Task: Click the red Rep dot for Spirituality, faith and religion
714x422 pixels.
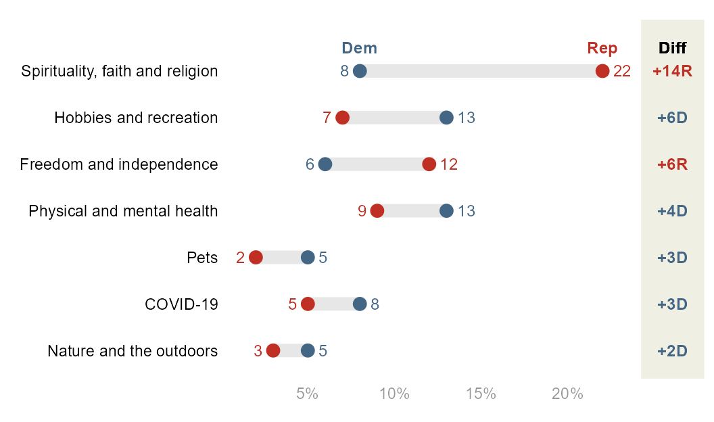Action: point(602,71)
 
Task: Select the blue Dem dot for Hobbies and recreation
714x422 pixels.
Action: point(446,118)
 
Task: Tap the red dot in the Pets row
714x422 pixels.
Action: point(256,258)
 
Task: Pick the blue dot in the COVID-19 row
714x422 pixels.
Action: point(360,304)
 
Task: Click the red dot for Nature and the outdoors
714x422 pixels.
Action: point(273,350)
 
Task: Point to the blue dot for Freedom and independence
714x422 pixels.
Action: point(325,164)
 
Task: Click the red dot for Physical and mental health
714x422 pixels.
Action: point(377,211)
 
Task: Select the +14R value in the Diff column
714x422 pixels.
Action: point(672,71)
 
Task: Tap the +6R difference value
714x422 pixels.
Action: point(672,164)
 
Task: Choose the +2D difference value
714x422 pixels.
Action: point(672,351)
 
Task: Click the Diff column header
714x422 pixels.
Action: point(672,48)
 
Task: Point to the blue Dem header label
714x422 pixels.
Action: point(360,48)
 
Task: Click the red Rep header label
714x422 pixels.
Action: point(602,48)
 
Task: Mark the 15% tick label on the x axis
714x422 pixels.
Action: point(481,394)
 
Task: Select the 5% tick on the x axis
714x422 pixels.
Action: point(308,394)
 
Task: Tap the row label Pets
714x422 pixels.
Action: point(202,258)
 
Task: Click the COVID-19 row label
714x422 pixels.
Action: point(181,304)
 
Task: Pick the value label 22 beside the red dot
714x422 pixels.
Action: point(622,71)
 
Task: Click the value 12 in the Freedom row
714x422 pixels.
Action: point(449,164)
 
